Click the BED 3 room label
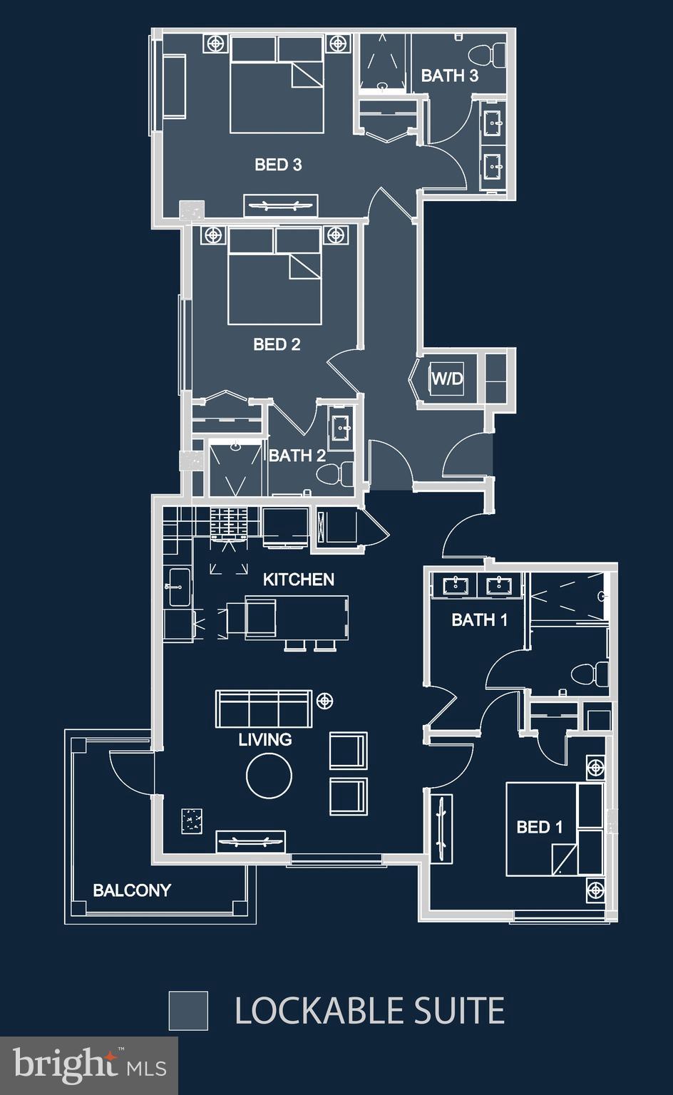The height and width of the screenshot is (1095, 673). (x=278, y=165)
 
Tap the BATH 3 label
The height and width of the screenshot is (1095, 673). (x=449, y=76)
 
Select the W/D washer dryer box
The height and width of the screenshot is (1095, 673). (x=447, y=379)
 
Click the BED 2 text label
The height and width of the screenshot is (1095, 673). (x=277, y=344)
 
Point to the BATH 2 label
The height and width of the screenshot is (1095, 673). (x=297, y=456)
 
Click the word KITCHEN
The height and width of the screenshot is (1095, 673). (x=298, y=580)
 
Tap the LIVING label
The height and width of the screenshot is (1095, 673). (x=264, y=739)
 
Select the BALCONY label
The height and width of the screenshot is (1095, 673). (x=132, y=890)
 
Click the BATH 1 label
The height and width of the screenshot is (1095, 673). (x=479, y=620)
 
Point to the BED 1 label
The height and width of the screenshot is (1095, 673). (x=539, y=827)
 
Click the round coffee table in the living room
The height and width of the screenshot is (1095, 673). (x=269, y=776)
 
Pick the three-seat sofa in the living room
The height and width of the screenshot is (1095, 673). (x=264, y=708)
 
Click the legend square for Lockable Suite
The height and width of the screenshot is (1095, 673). (x=188, y=1010)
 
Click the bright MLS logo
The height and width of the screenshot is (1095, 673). (x=89, y=1065)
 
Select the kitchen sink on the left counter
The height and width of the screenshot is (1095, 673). (x=178, y=587)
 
